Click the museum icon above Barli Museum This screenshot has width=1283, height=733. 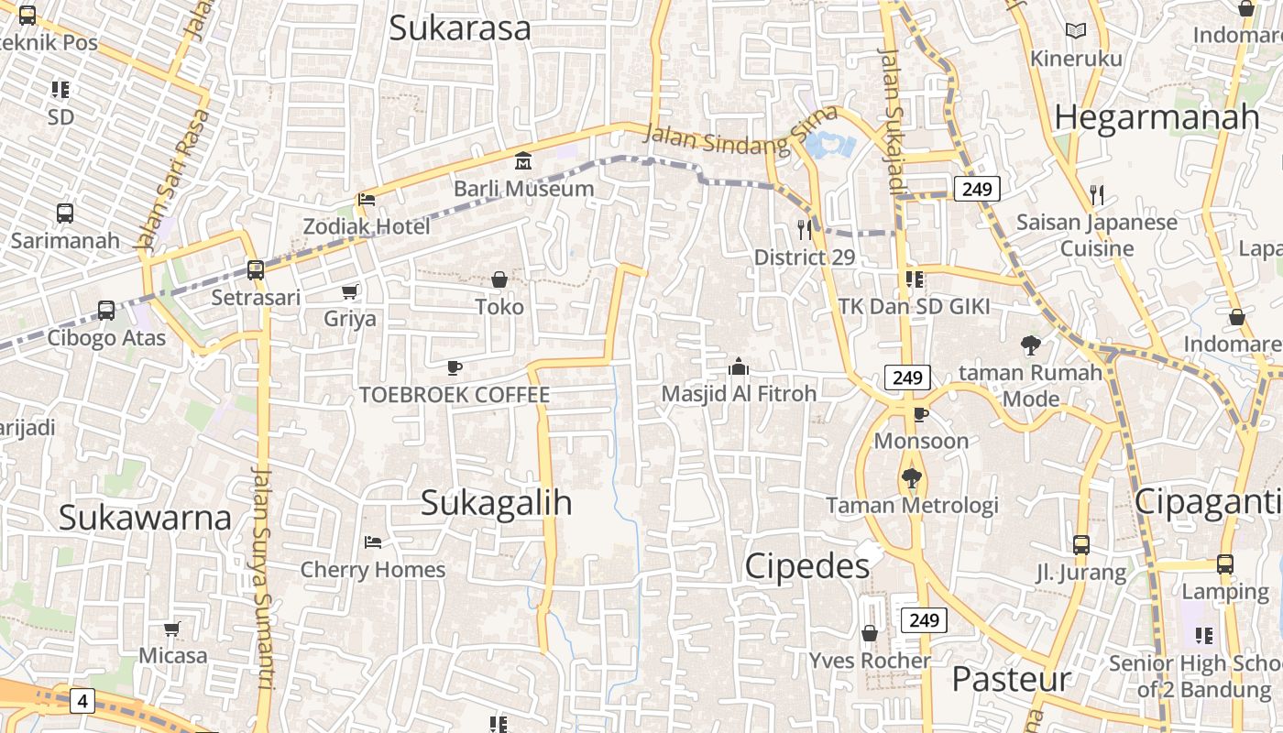(523, 161)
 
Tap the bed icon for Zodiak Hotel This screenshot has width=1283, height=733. (367, 199)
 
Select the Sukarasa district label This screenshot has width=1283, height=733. (459, 27)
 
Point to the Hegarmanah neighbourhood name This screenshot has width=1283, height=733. (1157, 117)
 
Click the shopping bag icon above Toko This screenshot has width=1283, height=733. (499, 279)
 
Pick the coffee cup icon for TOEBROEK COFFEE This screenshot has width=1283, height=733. (454, 368)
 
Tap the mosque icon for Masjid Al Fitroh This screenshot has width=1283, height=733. (738, 367)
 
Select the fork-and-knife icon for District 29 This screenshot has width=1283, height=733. (805, 229)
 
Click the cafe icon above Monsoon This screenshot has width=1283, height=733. (921, 415)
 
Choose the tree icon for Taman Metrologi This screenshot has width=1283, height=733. (911, 477)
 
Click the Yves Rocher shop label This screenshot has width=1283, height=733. (870, 660)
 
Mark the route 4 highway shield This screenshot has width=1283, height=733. (82, 702)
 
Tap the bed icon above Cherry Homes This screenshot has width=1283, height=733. (372, 542)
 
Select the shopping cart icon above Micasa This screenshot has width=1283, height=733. (172, 629)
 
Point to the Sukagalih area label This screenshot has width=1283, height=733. (496, 502)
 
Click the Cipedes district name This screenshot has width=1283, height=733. (806, 566)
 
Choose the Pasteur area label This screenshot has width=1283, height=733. (1011, 679)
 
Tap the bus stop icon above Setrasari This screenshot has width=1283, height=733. (256, 270)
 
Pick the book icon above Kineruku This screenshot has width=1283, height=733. (1075, 31)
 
